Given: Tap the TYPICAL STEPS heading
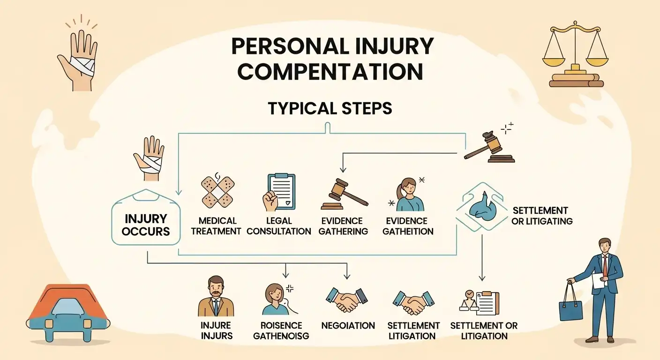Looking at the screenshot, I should coord(330,108).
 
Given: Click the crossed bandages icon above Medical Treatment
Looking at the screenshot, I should coord(217,192).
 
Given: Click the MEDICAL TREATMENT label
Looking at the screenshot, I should coord(217,225).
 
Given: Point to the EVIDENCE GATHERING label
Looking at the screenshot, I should coord(342,225).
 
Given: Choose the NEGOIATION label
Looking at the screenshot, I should coord(348,325).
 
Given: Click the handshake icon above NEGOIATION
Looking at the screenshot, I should coord(347,300).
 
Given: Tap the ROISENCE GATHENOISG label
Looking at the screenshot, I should coord(281,330).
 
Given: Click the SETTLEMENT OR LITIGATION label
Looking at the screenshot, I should coord(484,330).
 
